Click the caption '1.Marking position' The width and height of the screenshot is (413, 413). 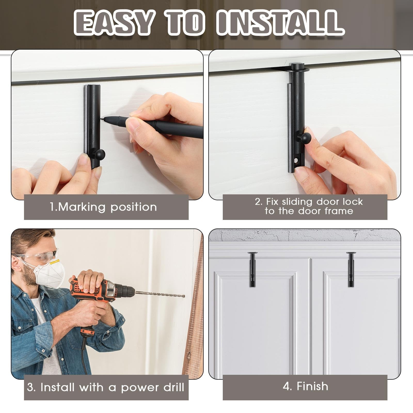pos(104,207)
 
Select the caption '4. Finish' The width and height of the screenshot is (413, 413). pos(305,386)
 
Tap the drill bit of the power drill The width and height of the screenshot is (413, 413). pos(160,294)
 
